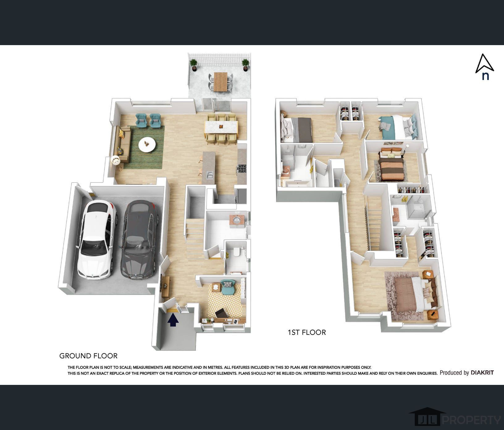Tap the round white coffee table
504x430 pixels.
click(x=147, y=144)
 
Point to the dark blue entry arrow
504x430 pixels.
click(x=173, y=320)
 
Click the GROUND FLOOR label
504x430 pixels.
click(x=88, y=356)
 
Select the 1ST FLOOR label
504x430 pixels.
click(x=307, y=332)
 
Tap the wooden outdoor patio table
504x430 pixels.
click(x=220, y=82)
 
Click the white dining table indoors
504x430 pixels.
click(x=221, y=127)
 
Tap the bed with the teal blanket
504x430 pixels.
click(x=398, y=127)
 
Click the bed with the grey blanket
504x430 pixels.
click(x=296, y=128)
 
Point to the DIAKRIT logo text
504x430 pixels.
click(x=482, y=373)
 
